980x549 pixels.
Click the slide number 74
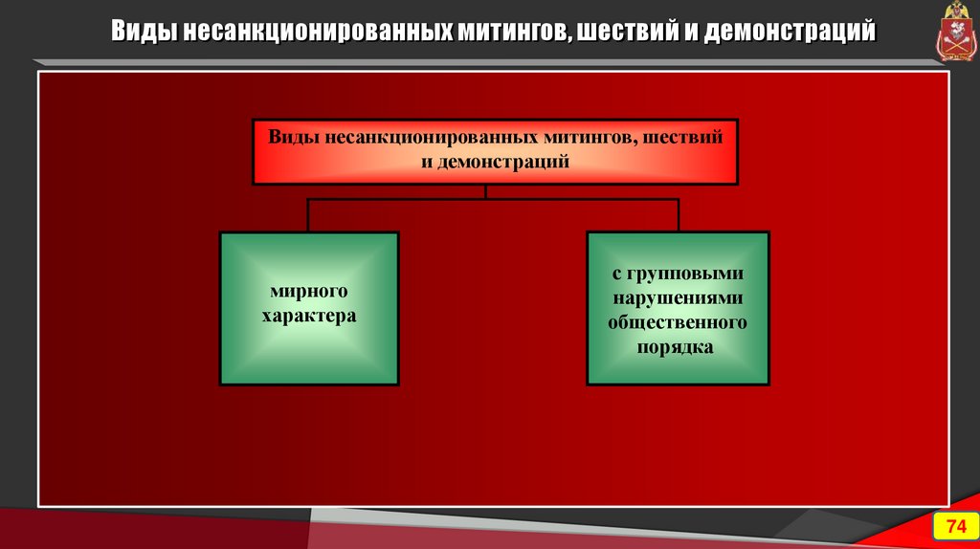955,527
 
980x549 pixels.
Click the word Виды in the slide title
141,32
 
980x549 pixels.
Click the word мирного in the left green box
309,291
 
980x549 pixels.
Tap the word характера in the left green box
309,315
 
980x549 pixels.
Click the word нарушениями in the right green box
678,297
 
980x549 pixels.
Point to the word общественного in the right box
678,322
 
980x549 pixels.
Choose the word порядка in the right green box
678,347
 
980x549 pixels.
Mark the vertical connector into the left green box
308,215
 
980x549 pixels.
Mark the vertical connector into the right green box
679,215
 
